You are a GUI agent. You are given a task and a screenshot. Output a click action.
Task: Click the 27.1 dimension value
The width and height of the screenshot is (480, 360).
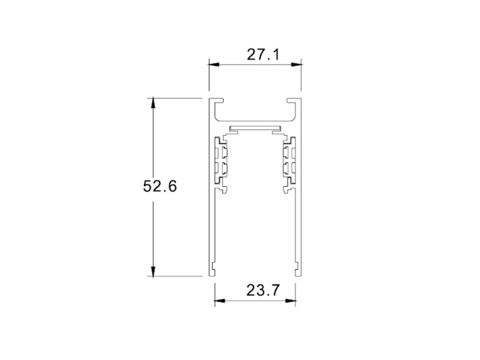click(254, 55)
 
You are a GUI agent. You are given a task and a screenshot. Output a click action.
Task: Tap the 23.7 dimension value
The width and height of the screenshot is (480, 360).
click(254, 291)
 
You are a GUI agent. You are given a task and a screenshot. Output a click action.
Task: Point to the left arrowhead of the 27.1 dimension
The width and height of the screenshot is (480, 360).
click(213, 66)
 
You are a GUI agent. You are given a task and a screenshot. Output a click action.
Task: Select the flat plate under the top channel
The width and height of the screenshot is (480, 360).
click(254, 129)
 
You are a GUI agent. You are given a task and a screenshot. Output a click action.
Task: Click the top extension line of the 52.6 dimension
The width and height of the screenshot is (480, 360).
click(176, 98)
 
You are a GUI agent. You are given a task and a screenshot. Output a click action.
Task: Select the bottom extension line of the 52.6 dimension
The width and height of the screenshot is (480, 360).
click(176, 276)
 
